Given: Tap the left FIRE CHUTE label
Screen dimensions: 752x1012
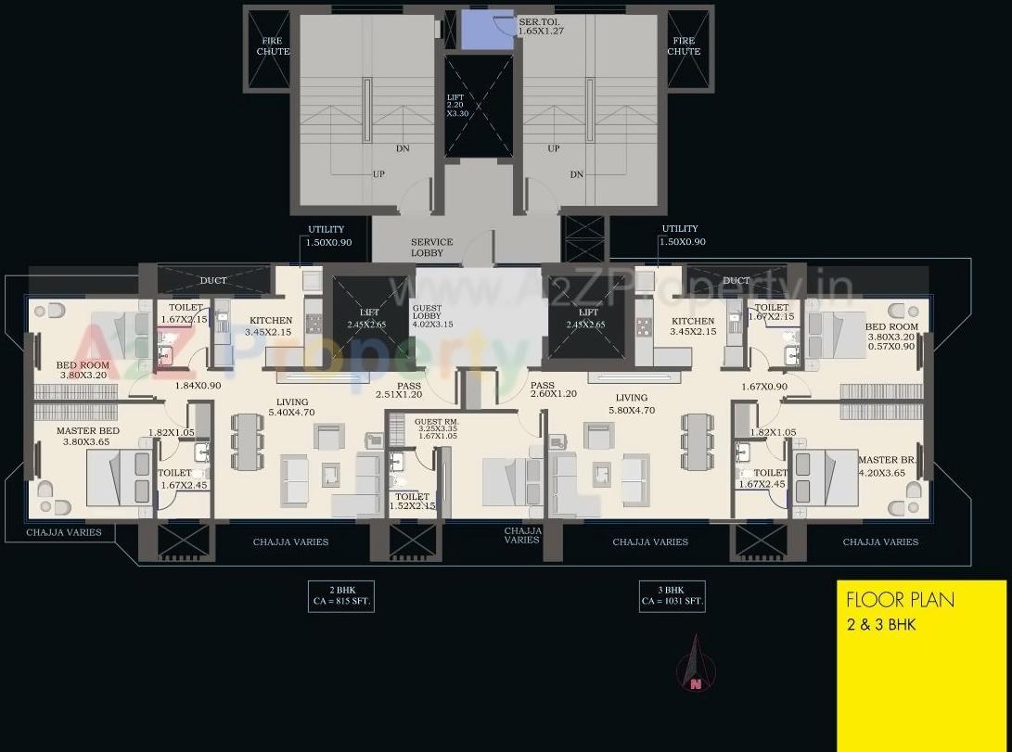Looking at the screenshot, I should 273,46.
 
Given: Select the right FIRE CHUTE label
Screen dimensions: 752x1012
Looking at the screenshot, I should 684,46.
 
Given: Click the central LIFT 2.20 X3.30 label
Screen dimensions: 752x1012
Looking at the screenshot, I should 455,106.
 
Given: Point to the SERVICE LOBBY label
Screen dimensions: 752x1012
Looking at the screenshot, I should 432,248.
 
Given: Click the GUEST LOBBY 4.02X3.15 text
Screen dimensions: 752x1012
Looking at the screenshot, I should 432,316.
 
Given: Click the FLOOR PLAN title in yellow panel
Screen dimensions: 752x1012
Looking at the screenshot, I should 900,600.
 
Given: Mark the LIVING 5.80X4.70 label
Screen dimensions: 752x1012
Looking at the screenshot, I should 632,403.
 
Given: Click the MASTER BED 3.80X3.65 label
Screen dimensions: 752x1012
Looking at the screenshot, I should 87,437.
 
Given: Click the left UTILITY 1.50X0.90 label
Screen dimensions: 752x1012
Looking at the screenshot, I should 326,235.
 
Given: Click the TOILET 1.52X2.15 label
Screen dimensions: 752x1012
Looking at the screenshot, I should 413,502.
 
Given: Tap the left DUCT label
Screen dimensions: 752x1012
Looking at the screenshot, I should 213,281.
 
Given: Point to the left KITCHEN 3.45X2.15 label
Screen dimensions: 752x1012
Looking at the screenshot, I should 269,325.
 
